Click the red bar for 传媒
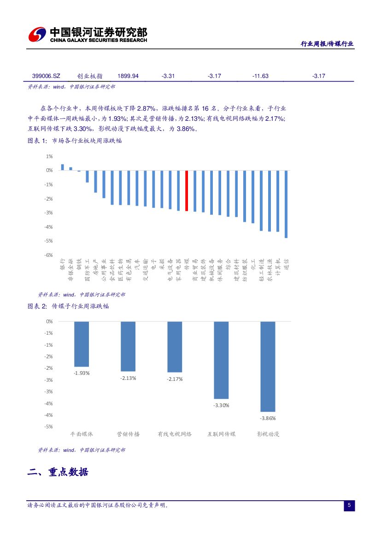(187, 191)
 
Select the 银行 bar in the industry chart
(63, 167)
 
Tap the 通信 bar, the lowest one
(286, 204)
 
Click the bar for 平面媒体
(82, 344)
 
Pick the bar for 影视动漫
(268, 367)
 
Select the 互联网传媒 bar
(221, 360)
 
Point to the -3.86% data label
(268, 418)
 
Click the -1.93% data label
(82, 373)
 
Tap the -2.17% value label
(175, 379)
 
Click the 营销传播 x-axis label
(128, 434)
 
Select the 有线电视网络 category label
(175, 434)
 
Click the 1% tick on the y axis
(49, 156)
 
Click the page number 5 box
(349, 506)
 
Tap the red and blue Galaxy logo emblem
(37, 35)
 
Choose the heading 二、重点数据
(58, 472)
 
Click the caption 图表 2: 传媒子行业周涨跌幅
(68, 306)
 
